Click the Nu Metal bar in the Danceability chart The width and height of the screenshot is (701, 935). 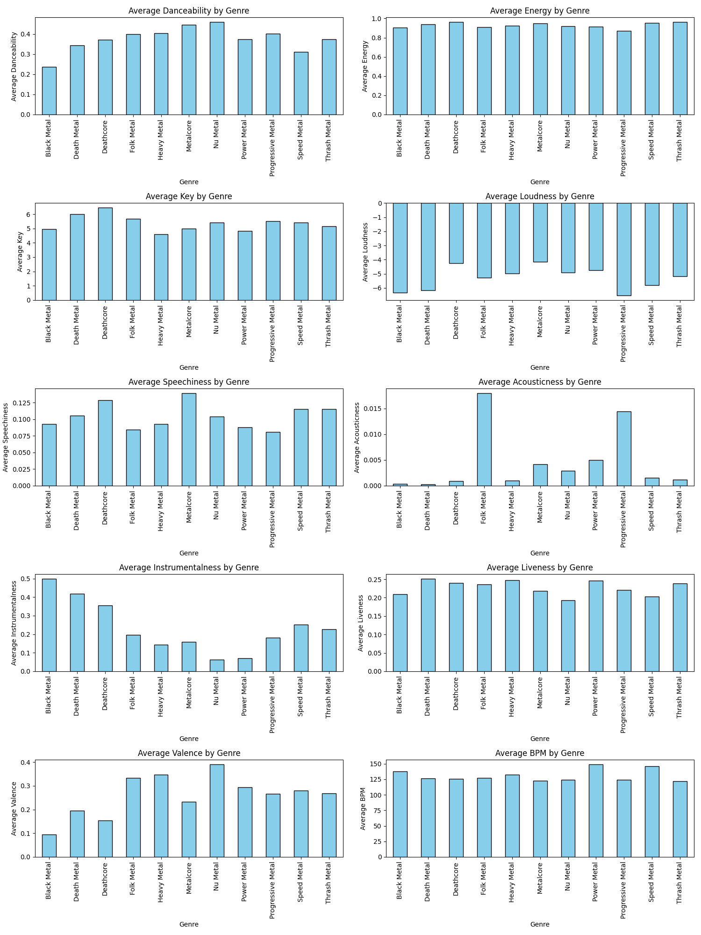pos(217,68)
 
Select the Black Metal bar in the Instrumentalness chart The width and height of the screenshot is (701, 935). pos(49,625)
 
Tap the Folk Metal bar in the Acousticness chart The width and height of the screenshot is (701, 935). pos(484,439)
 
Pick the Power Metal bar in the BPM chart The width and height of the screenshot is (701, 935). pos(596,811)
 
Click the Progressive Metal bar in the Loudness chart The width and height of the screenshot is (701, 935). pos(624,249)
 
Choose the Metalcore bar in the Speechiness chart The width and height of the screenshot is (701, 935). pos(189,439)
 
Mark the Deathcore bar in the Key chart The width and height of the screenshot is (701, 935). pos(105,254)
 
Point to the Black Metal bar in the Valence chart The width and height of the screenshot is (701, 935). pos(49,846)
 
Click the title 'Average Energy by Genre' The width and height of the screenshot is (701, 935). pos(540,11)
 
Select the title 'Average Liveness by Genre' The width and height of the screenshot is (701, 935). pos(540,568)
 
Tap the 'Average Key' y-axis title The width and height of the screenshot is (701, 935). pos(20,252)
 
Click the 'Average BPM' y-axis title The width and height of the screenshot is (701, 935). pos(363,809)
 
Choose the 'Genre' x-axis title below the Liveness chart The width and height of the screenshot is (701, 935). pos(540,739)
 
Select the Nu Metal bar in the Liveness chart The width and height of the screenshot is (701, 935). pos(568,636)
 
